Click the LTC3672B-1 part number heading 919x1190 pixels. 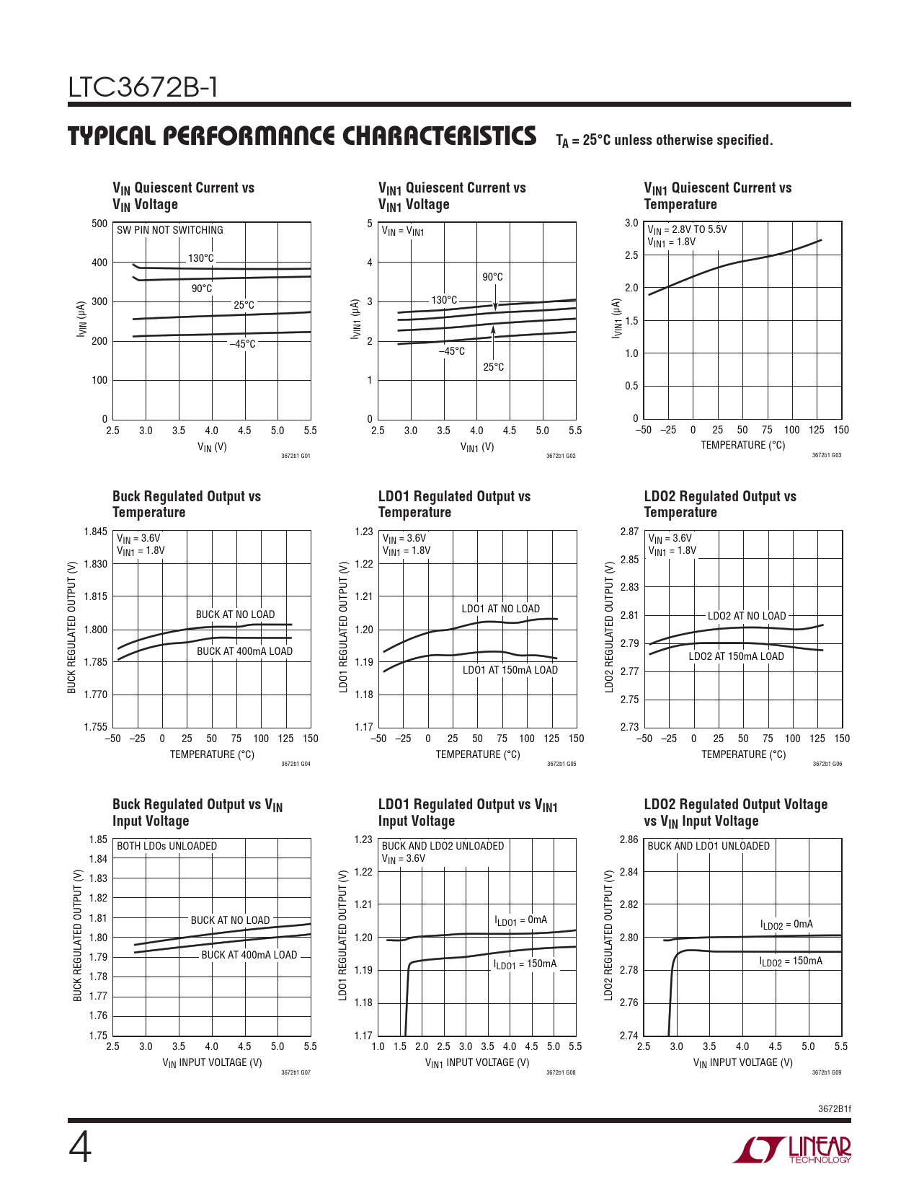[x=143, y=87]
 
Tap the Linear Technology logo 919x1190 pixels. [x=792, y=1150]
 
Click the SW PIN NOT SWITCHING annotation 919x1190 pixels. [x=170, y=230]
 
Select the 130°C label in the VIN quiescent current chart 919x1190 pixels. [x=201, y=258]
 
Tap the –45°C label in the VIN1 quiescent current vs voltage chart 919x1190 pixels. [x=452, y=351]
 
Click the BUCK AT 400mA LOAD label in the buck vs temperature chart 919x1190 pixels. [x=244, y=651]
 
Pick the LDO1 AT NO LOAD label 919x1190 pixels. [x=500, y=609]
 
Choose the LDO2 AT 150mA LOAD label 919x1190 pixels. [x=736, y=656]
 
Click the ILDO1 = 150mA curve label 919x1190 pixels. [x=525, y=964]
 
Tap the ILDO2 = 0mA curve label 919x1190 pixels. [x=786, y=925]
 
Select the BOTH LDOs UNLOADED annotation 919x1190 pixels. [x=167, y=846]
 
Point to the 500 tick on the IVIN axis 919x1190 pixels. [x=99, y=224]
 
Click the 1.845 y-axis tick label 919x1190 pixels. [x=95, y=532]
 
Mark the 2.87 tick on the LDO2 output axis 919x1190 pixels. [x=629, y=532]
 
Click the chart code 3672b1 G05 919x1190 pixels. [x=561, y=764]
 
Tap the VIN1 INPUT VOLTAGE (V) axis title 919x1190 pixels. [x=476, y=1062]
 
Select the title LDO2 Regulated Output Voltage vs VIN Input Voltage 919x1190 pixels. [x=735, y=813]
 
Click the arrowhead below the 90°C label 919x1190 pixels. [x=495, y=307]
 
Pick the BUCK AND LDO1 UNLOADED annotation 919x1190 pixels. [x=709, y=846]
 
